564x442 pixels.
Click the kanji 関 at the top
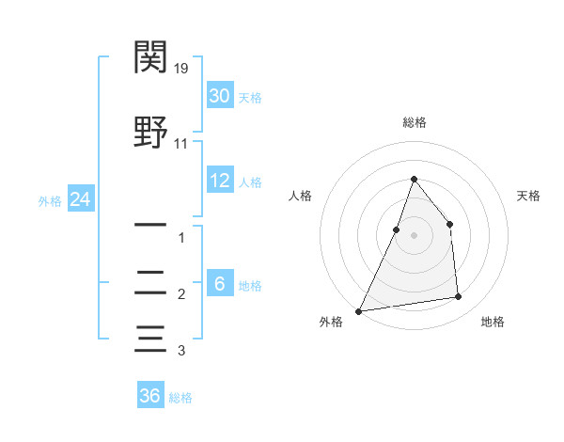pyautogui.click(x=151, y=58)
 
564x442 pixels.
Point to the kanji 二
pyautogui.click(x=151, y=281)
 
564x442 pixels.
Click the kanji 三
pyautogui.click(x=151, y=338)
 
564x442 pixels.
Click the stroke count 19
pyautogui.click(x=182, y=69)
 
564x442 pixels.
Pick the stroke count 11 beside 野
pyautogui.click(x=181, y=143)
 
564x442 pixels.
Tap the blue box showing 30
pyautogui.click(x=219, y=96)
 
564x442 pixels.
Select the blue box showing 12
pyautogui.click(x=219, y=181)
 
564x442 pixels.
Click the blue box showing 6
pyautogui.click(x=219, y=283)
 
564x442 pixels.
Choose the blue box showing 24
pyautogui.click(x=79, y=199)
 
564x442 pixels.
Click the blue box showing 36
pyautogui.click(x=149, y=396)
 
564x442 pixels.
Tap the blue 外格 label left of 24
pyautogui.click(x=50, y=200)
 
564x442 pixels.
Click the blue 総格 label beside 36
pyautogui.click(x=180, y=398)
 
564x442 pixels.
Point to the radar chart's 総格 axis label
pyautogui.click(x=414, y=123)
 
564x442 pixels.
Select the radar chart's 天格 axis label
pyautogui.click(x=529, y=196)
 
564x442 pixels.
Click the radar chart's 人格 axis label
pyautogui.click(x=300, y=196)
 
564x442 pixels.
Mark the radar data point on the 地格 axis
pyautogui.click(x=459, y=297)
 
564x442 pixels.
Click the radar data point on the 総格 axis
pyautogui.click(x=414, y=179)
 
